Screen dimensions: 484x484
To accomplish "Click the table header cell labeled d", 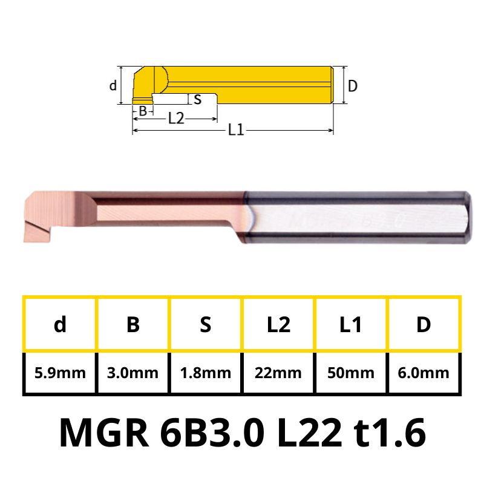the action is point(60,324).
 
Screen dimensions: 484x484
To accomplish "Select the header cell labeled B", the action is point(133,324).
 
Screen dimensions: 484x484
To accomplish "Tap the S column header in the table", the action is point(206,324).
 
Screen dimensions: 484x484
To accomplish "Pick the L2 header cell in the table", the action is point(278,324).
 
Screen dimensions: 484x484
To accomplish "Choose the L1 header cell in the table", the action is point(351,324).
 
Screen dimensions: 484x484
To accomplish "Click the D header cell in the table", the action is point(423,324).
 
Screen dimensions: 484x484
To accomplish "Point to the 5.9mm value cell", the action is point(60,373).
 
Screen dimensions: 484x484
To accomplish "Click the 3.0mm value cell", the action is point(133,373).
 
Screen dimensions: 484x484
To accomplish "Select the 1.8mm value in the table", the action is point(206,373).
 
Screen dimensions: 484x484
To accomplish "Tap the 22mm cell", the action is point(278,373).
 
